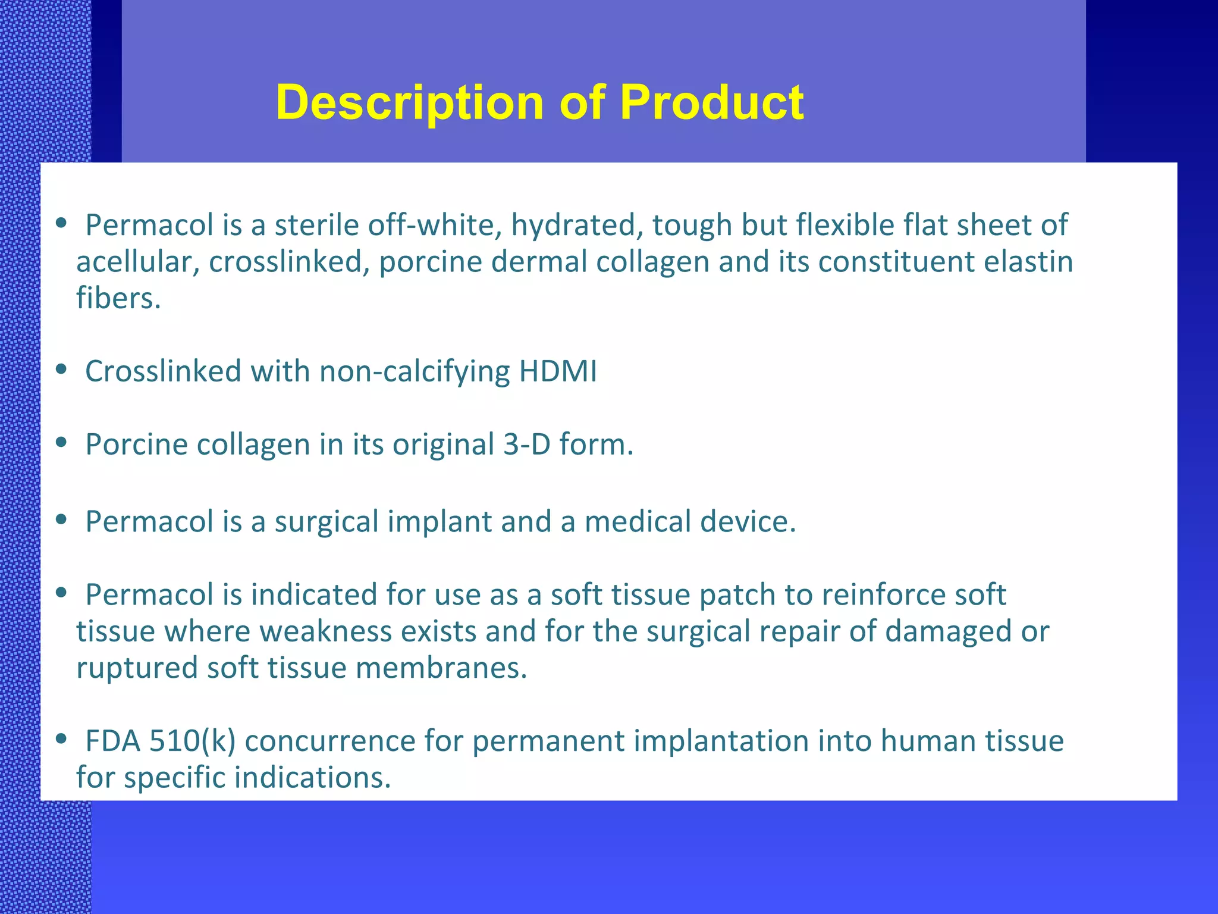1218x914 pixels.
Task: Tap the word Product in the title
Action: tap(712, 102)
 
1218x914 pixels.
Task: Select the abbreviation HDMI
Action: tap(558, 371)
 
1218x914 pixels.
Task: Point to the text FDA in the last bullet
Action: tap(113, 741)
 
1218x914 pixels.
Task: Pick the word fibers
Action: tap(118, 298)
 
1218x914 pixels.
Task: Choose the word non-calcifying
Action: tap(415, 372)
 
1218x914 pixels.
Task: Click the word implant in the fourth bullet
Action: tap(440, 522)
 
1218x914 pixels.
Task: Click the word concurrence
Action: tap(330, 741)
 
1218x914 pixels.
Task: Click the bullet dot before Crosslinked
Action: tap(61, 370)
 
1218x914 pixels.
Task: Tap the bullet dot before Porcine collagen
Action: tap(61, 443)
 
